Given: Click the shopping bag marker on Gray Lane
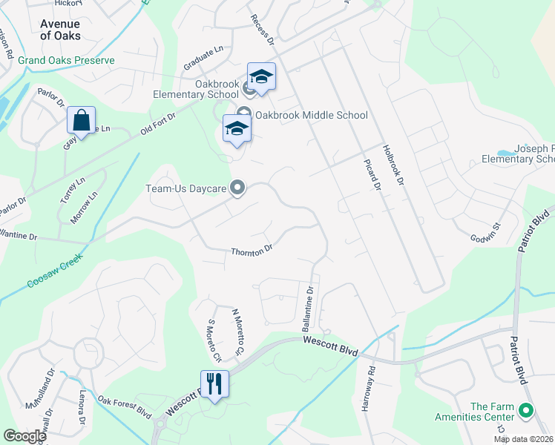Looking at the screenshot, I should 81,121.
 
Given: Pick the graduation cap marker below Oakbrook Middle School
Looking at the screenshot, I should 237,129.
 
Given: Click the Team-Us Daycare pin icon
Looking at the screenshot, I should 237,188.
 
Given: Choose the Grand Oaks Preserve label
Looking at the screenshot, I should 67,60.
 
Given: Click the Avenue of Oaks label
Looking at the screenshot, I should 60,30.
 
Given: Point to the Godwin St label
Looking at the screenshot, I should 487,232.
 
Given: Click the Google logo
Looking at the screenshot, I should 24,436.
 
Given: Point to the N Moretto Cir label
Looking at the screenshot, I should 237,330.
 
